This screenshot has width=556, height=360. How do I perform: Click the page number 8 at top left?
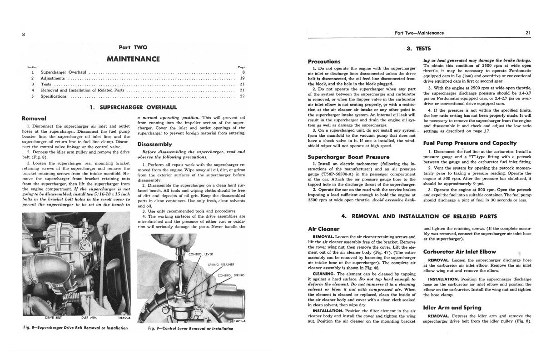(x=23, y=34)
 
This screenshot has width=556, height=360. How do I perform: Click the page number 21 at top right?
(x=528, y=33)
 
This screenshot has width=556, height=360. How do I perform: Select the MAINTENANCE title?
(x=133, y=59)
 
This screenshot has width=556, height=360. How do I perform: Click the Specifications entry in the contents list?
(x=54, y=96)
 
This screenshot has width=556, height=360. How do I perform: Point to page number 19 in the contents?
(x=242, y=78)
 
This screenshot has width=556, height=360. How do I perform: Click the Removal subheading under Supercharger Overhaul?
(x=34, y=118)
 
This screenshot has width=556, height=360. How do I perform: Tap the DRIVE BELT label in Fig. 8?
(x=54, y=317)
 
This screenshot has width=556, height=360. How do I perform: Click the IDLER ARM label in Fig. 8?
(x=90, y=317)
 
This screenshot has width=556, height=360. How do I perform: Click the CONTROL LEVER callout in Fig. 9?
(x=201, y=254)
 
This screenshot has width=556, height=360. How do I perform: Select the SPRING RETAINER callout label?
(x=221, y=265)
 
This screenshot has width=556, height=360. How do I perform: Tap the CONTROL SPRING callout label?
(x=231, y=275)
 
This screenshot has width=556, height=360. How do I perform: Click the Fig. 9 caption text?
(x=191, y=328)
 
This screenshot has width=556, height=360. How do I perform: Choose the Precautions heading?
(x=324, y=61)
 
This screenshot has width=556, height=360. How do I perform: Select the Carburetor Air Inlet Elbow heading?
(x=459, y=251)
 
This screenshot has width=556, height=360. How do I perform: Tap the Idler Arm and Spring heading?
(x=452, y=307)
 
